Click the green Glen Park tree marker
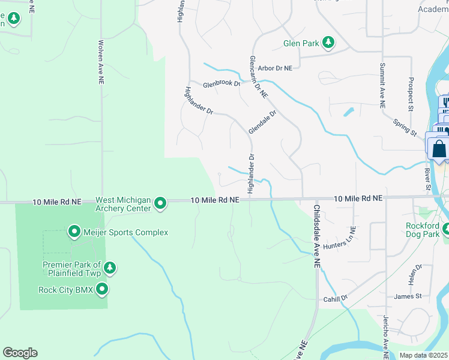[x=328, y=43]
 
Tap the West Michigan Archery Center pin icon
[x=160, y=204]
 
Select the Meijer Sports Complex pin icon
[x=74, y=232]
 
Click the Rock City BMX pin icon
[x=102, y=290]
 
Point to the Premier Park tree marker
[x=109, y=267]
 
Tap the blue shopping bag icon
[x=439, y=148]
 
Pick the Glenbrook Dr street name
[x=221, y=85]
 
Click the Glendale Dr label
[x=263, y=122]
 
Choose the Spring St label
[x=405, y=127]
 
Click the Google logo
[x=20, y=353]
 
